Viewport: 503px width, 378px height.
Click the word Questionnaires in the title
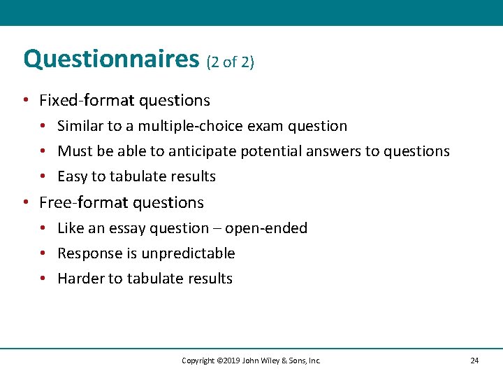111,59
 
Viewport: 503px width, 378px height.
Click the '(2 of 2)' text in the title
231,62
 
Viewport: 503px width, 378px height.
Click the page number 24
474,360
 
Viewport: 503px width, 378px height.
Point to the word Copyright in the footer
198,360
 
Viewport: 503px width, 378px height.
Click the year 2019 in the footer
231,360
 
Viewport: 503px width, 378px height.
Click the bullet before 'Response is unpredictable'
43,253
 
